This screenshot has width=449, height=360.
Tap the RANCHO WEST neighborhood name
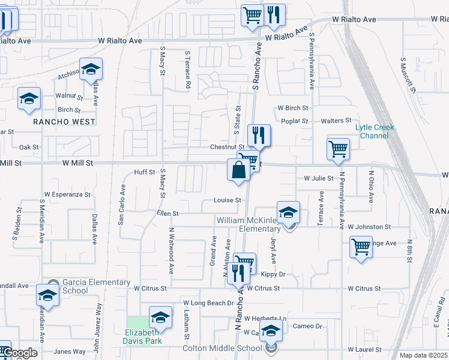click(x=64, y=122)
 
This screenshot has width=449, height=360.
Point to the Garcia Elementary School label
click(x=88, y=287)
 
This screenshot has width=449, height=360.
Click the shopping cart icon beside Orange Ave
click(x=361, y=246)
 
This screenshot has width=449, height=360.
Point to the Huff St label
click(x=144, y=172)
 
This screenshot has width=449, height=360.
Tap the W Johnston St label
click(x=369, y=227)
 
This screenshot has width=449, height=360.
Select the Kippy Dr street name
click(x=273, y=275)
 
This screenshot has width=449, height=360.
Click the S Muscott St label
click(x=408, y=75)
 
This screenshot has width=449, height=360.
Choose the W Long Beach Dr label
click(x=208, y=304)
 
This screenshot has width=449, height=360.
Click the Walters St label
click(x=336, y=121)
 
